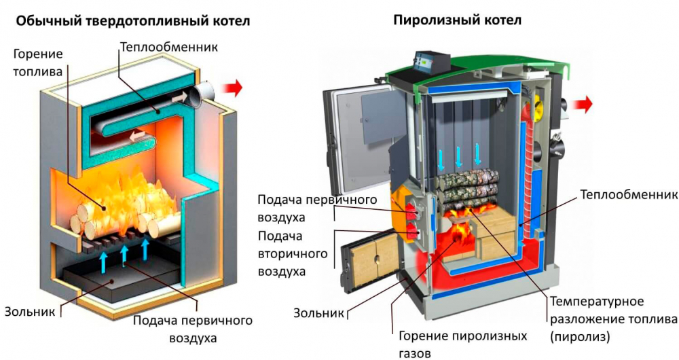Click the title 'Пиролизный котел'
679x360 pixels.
coord(457,20)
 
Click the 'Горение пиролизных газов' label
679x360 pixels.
coord(462,344)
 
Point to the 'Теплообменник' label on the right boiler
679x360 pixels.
coord(629,196)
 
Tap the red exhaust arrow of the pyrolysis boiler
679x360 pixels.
coord(582,104)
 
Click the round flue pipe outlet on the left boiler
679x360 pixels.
coord(202,95)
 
